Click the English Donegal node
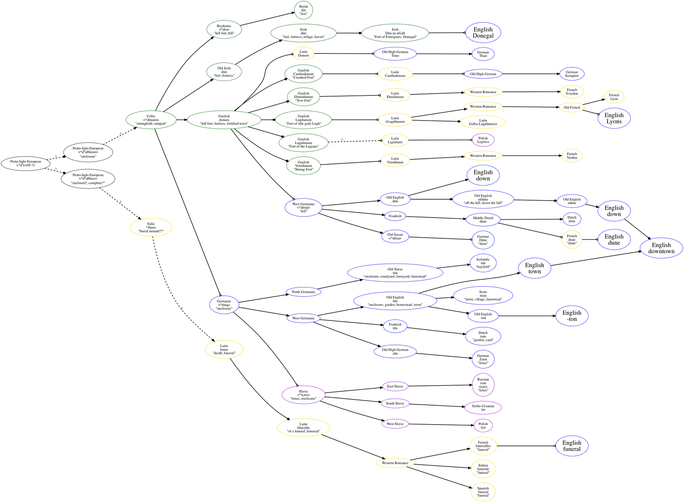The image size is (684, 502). [x=483, y=32]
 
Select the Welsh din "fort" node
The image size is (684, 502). [x=304, y=10]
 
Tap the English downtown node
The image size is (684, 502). [x=661, y=248]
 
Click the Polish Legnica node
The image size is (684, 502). [x=483, y=140]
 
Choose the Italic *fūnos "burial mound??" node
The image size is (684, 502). [x=151, y=227]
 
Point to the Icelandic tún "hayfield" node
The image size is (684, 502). [x=483, y=263]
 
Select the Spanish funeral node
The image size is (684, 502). [x=483, y=492]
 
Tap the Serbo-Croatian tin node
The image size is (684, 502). [x=483, y=408]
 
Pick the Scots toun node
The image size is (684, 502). [x=483, y=296]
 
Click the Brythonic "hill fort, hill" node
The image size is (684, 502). [x=224, y=30]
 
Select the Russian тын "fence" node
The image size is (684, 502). [x=483, y=385]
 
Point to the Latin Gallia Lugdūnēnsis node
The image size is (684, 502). [x=483, y=122]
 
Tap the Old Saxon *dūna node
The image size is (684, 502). [x=395, y=237]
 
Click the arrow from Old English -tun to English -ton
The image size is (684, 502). [x=527, y=316]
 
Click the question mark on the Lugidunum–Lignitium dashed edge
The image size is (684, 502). [x=342, y=140]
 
